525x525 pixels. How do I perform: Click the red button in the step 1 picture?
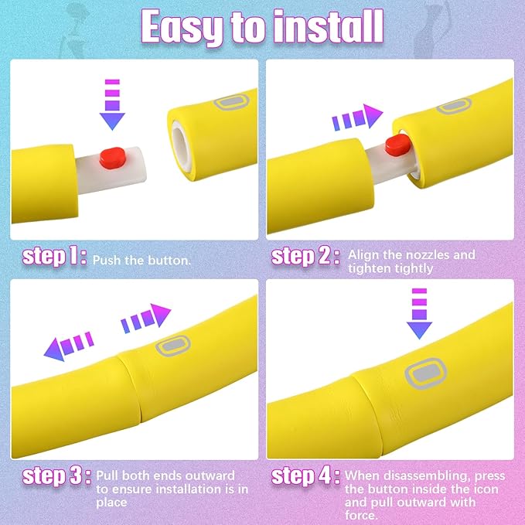pos(113,158)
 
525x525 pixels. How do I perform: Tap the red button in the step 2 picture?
pos(397,145)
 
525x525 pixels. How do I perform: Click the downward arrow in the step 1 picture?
pos(112,104)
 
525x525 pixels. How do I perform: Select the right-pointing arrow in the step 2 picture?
pos(357,117)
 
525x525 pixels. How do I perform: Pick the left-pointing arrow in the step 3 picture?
pos(69,346)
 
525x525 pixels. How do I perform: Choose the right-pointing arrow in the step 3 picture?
pos(146,318)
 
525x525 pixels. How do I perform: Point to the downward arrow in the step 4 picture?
pos(419,313)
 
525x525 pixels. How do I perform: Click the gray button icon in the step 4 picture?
pos(425,373)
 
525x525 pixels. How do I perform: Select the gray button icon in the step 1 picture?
pos(232,102)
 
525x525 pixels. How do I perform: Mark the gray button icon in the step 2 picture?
pos(454,106)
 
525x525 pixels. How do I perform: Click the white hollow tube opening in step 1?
pos(181,148)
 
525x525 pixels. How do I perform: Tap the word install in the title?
pos(328,26)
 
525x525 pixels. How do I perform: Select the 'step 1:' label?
pos(55,257)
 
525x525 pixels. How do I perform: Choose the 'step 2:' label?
pos(305,257)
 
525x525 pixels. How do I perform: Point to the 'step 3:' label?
pos(56,476)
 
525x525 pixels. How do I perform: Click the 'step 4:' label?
pos(305,476)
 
